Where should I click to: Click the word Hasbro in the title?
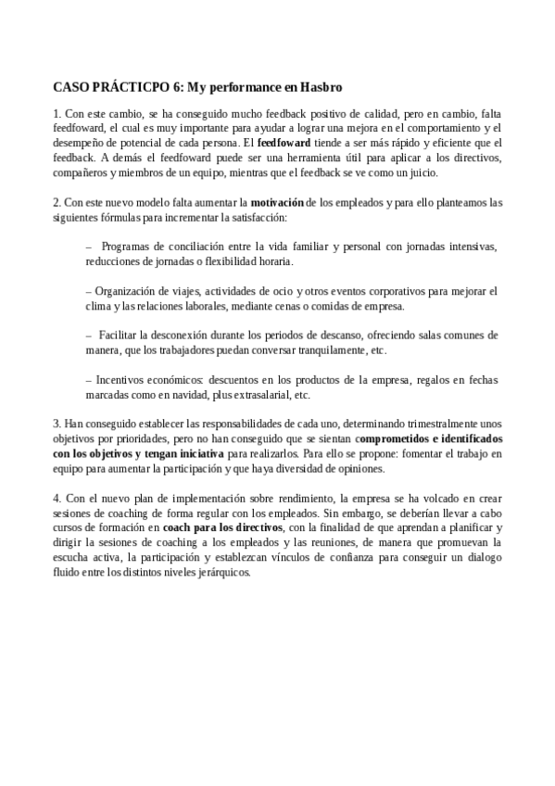click(321, 87)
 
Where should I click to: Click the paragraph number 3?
click(56, 424)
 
